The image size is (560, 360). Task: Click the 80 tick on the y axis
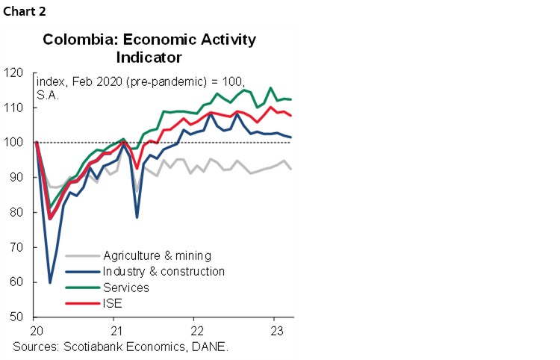[16, 213]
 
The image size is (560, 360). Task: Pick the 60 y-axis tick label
[16, 282]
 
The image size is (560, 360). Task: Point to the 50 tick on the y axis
[16, 317]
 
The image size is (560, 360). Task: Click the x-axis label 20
[36, 331]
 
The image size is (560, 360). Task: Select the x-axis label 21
[116, 331]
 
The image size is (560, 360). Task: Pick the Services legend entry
[128, 288]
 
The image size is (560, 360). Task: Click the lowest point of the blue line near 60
[50, 282]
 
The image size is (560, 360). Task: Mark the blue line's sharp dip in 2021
[137, 217]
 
